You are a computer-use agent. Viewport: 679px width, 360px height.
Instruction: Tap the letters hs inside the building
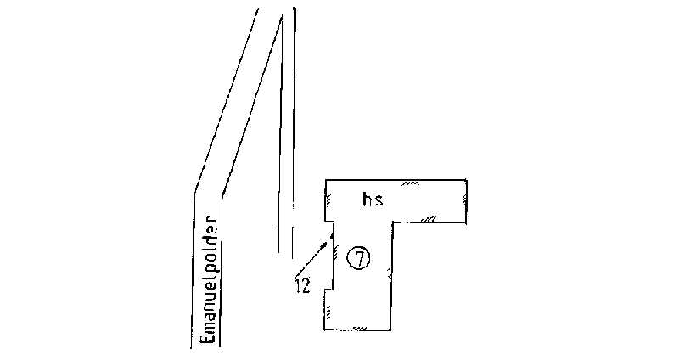click(x=372, y=200)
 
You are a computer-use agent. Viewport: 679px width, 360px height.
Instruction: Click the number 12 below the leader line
click(x=302, y=287)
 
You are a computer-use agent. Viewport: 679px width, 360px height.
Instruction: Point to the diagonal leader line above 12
click(x=311, y=260)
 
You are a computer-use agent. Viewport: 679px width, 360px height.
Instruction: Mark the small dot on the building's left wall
click(x=332, y=236)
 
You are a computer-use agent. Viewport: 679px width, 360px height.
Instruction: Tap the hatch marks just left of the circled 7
click(x=337, y=251)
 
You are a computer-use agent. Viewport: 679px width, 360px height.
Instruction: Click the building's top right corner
click(x=466, y=179)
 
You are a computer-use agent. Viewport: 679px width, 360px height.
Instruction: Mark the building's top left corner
click(x=327, y=180)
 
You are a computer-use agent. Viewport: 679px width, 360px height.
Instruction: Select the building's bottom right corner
click(x=391, y=329)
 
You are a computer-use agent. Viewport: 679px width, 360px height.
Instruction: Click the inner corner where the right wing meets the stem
click(x=392, y=222)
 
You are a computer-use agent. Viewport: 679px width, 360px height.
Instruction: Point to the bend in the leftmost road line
click(x=195, y=188)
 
